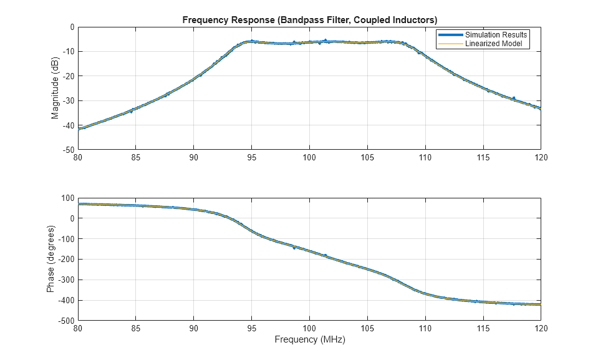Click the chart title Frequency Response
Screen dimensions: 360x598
[309, 19]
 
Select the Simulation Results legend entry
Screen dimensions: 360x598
[496, 35]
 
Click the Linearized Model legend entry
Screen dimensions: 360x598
[497, 44]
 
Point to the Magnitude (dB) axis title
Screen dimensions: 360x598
[55, 89]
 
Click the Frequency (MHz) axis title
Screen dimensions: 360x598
[309, 340]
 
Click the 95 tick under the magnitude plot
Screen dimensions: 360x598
[251, 158]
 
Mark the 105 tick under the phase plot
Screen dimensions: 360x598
[367, 328]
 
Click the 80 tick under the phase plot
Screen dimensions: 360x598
[78, 328]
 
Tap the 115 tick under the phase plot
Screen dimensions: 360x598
[483, 328]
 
